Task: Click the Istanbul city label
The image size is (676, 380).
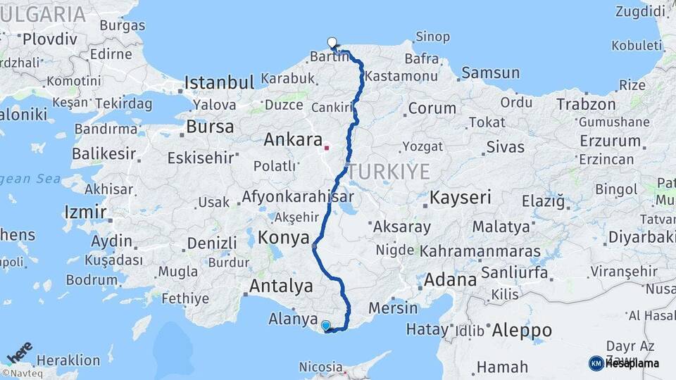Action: (x=218, y=83)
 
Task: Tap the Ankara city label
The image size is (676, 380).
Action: (x=292, y=140)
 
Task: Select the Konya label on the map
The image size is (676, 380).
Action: (x=284, y=237)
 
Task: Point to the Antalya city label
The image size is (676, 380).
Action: (x=281, y=286)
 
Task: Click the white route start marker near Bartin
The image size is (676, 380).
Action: (x=332, y=42)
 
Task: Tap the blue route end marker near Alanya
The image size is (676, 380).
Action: (x=325, y=325)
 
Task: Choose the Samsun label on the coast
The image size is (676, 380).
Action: (x=490, y=72)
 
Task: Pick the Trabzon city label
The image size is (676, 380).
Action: (x=586, y=104)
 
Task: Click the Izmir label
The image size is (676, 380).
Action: (x=85, y=212)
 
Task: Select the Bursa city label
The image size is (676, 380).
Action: (x=210, y=127)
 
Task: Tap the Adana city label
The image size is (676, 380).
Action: (x=450, y=280)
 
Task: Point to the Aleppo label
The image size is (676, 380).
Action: (x=522, y=330)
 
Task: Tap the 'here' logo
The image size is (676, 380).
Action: (x=20, y=351)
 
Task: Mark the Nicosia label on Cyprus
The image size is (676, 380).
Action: (x=320, y=367)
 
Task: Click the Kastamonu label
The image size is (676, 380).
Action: (x=402, y=75)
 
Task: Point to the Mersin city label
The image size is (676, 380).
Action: (x=393, y=308)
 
